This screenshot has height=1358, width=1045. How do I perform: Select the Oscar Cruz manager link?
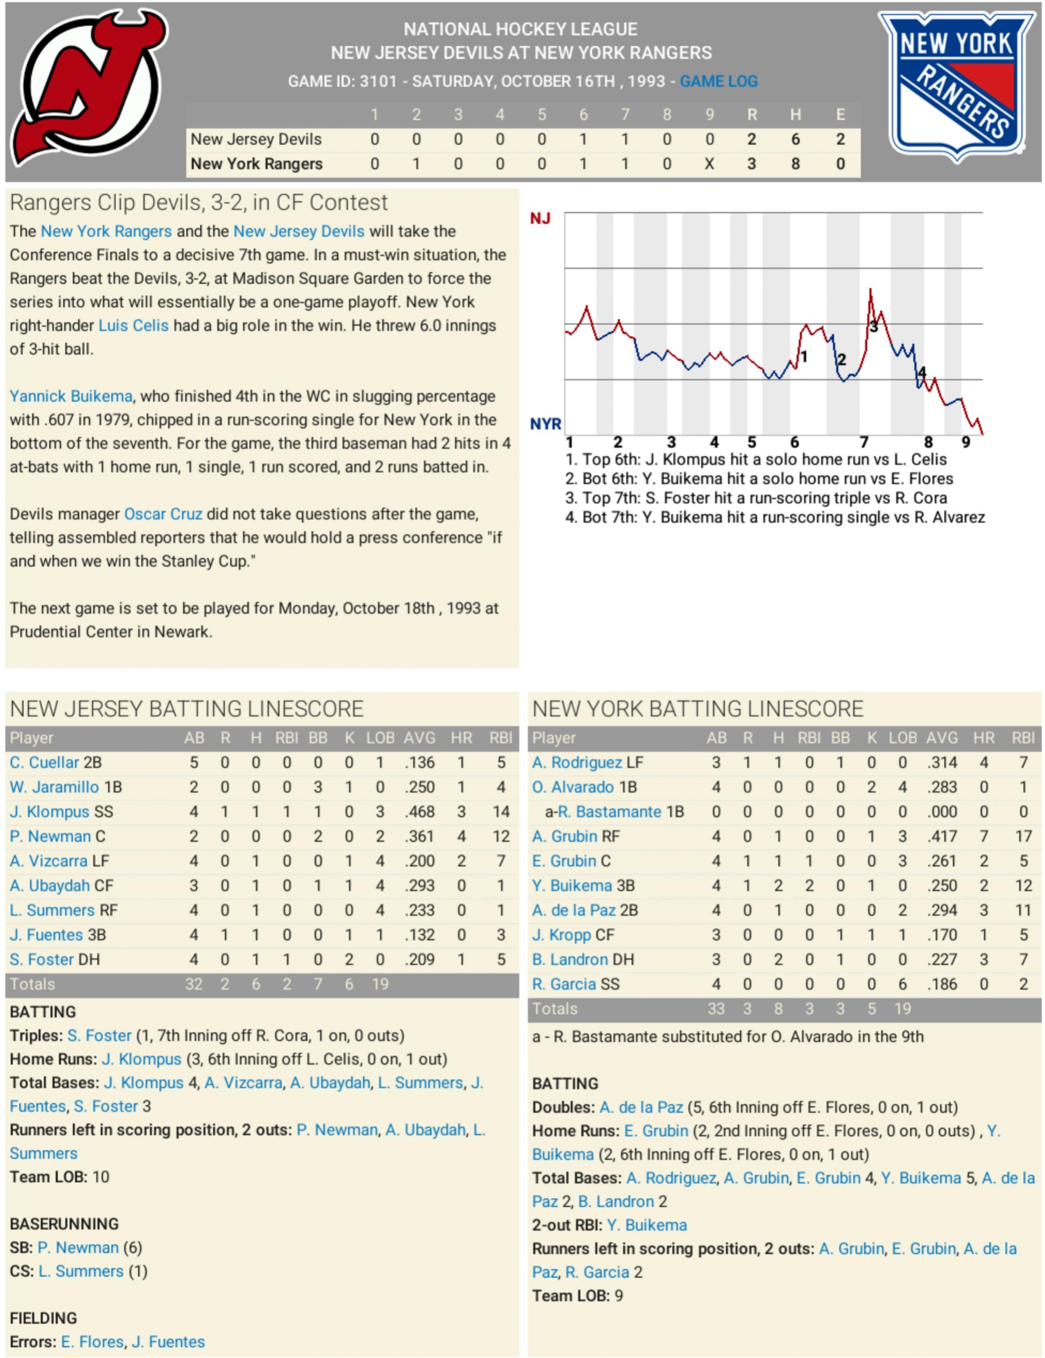pyautogui.click(x=163, y=514)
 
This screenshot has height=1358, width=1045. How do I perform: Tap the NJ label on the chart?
pyautogui.click(x=539, y=219)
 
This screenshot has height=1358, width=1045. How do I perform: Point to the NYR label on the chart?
pyautogui.click(x=545, y=424)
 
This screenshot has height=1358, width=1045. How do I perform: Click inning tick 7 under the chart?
pyautogui.click(x=863, y=442)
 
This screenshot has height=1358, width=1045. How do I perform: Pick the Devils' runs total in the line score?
pyautogui.click(x=751, y=139)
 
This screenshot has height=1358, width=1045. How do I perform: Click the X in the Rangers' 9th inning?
pyautogui.click(x=709, y=164)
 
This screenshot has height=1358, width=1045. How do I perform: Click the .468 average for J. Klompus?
pyautogui.click(x=419, y=812)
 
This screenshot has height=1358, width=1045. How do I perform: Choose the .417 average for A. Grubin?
pyautogui.click(x=942, y=836)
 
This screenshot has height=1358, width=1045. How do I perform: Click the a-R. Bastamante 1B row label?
pyautogui.click(x=614, y=812)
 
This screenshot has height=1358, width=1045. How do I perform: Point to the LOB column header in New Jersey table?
pyautogui.click(x=380, y=738)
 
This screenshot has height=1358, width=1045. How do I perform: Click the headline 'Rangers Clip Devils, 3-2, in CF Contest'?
pyautogui.click(x=198, y=202)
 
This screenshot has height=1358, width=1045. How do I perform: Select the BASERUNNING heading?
pyautogui.click(x=64, y=1224)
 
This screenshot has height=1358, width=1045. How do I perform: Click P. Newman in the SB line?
pyautogui.click(x=78, y=1247)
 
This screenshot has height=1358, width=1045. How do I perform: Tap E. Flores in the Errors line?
pyautogui.click(x=93, y=1342)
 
